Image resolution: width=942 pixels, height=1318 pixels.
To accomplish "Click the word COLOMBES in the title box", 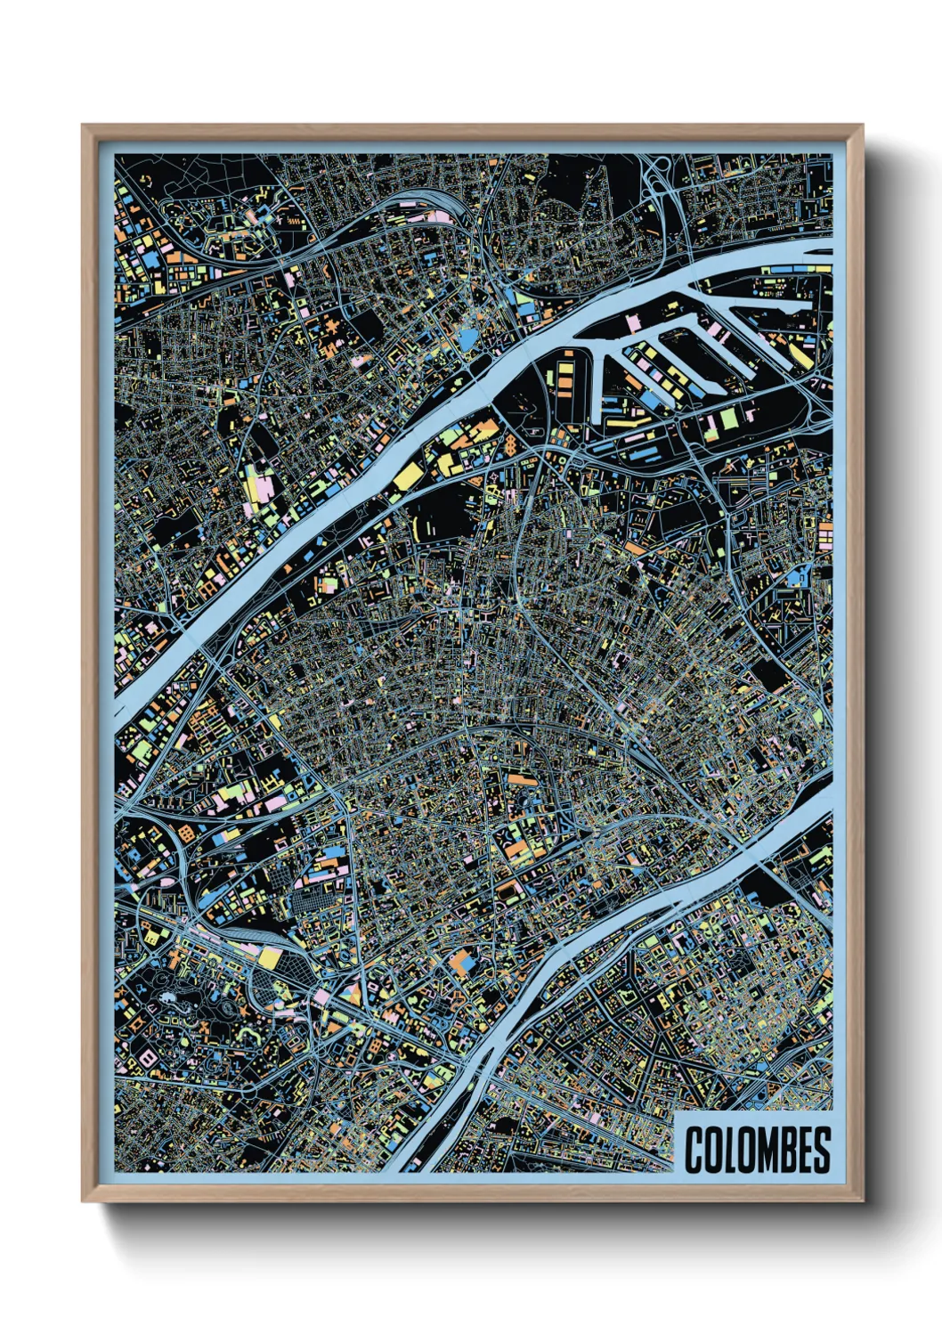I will pyautogui.click(x=757, y=1149).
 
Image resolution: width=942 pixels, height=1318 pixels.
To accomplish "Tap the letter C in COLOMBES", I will pyautogui.click(x=694, y=1149).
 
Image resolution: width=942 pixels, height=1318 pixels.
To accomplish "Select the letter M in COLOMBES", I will pyautogui.click(x=757, y=1149).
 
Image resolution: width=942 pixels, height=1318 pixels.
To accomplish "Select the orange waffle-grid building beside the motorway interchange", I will pyautogui.click(x=187, y=833).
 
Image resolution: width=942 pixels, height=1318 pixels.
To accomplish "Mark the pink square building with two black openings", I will pyautogui.click(x=263, y=488).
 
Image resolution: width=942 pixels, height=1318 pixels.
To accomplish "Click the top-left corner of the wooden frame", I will pyautogui.click(x=83, y=126).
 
